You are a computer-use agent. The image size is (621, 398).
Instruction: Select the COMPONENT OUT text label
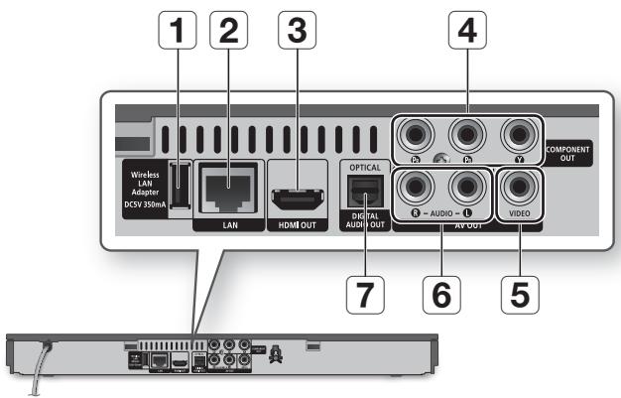coord(569,153)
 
